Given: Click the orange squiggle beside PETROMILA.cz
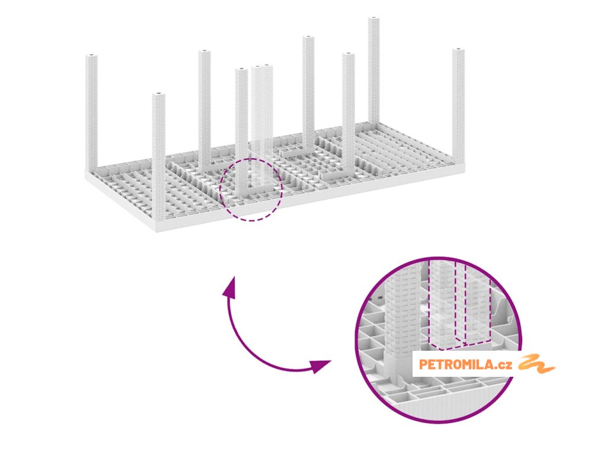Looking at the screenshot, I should pyautogui.click(x=536, y=363).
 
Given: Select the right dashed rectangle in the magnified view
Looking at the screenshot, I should pyautogui.click(x=478, y=308).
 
